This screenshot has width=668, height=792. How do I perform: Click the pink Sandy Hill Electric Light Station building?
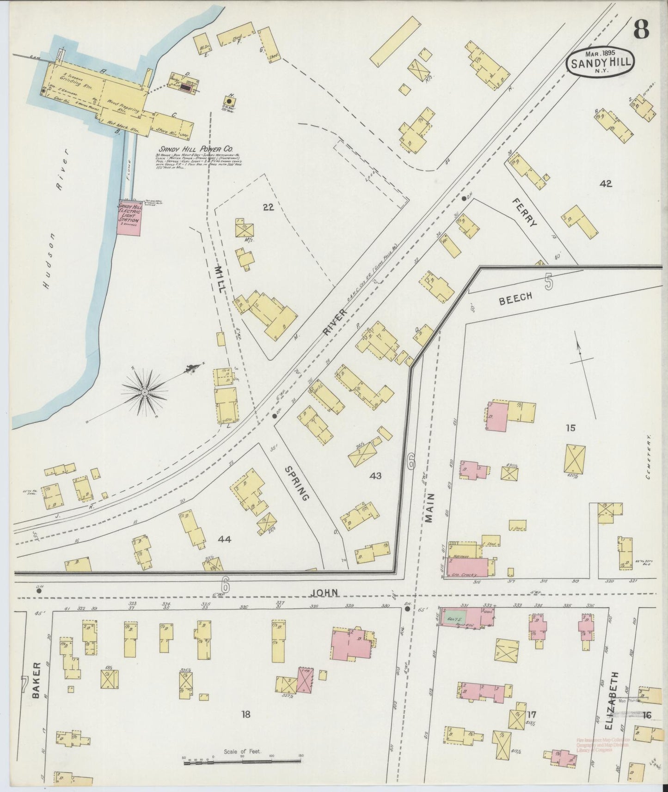129,219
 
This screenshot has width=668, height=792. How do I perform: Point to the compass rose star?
145,392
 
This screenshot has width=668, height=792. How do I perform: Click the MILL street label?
219,277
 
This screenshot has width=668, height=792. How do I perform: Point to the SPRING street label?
296,483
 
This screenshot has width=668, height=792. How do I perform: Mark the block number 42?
606,183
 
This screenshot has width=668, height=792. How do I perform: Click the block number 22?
268,207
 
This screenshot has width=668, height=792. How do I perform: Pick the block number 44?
225,539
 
